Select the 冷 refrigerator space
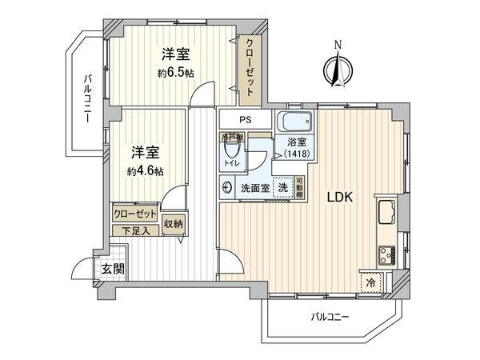click(371, 282)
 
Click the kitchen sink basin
click(383, 215)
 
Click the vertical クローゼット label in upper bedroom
click(250, 68)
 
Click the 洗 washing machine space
click(283, 187)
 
